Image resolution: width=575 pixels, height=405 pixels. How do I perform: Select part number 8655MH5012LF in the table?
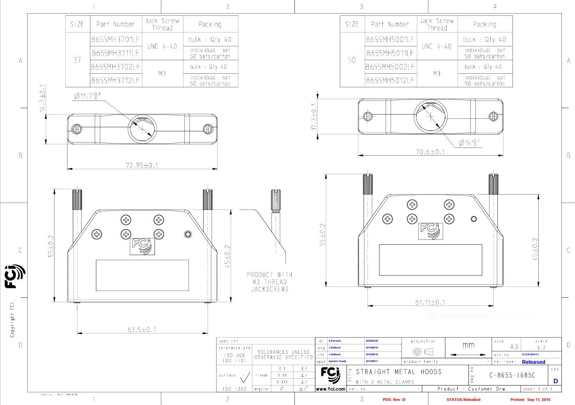tap(390, 81)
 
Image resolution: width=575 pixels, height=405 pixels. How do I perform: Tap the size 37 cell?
tap(77, 60)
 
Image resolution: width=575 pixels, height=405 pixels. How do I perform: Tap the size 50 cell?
tap(352, 60)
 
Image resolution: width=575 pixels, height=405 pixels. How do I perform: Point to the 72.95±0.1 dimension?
tap(142, 165)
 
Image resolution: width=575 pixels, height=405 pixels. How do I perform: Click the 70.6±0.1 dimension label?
tap(430, 152)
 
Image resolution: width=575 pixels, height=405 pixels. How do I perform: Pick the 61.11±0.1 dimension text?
tap(430, 302)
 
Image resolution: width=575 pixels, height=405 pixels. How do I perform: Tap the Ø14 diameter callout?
tap(469, 143)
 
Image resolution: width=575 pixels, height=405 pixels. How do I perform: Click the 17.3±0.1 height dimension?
tap(314, 117)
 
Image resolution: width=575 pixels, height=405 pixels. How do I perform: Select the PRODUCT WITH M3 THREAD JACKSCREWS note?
tap(270, 281)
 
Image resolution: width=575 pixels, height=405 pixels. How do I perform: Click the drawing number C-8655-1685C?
tap(512, 376)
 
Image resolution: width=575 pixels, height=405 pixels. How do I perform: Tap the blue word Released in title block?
tap(533, 362)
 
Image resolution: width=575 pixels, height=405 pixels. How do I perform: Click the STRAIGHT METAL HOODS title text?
tap(398, 372)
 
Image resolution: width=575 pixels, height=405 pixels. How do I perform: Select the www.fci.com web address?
tap(330, 389)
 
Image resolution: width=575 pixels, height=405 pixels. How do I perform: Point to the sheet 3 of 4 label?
tap(541, 389)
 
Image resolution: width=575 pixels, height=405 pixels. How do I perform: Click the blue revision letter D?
tap(556, 381)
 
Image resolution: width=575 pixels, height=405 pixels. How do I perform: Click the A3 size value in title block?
tap(514, 347)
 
